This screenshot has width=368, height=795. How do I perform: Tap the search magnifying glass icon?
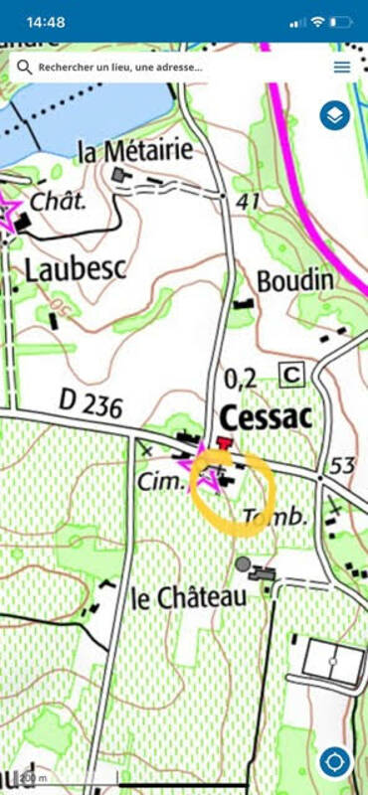click(24, 68)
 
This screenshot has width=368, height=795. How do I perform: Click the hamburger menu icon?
click(342, 68)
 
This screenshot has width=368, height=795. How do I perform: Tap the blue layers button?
click(335, 116)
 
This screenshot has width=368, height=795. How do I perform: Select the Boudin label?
click(294, 281)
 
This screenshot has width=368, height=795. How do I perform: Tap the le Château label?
click(189, 598)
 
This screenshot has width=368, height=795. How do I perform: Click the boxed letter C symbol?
click(291, 374)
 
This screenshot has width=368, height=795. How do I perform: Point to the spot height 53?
click(343, 465)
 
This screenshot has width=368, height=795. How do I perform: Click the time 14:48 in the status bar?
click(45, 21)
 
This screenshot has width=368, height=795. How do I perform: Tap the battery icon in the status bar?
click(343, 21)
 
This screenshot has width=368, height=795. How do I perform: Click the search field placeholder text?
click(120, 68)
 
